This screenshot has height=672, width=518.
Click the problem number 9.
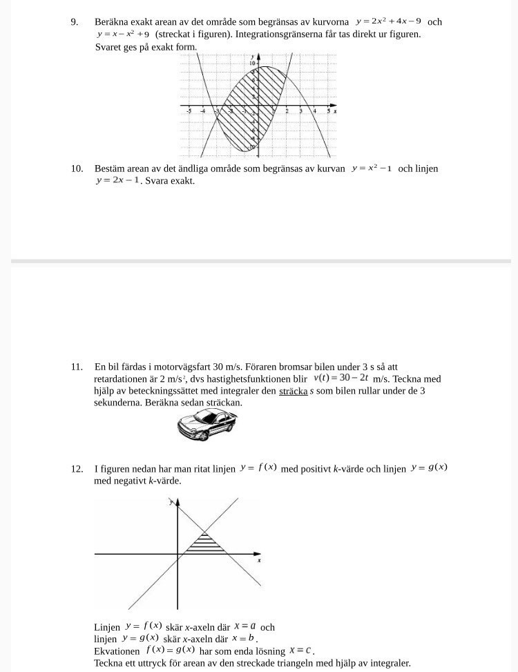click(75, 21)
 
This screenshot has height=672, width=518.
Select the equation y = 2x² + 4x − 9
click(388, 21)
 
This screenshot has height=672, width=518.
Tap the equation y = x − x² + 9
click(123, 35)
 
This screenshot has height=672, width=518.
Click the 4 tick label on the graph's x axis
click(314, 111)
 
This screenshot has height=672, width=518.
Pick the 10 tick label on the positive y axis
click(253, 62)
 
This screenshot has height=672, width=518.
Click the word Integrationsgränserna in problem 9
click(241, 34)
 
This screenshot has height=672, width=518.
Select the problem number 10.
click(77, 168)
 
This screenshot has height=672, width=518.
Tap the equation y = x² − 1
click(372, 168)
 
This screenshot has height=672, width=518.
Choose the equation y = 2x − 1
click(117, 180)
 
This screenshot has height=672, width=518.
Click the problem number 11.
click(77, 367)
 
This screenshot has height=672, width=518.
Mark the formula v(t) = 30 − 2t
click(340, 378)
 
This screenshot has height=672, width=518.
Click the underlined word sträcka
click(293, 391)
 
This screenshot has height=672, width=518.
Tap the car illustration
click(207, 422)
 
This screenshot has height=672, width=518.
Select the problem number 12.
click(77, 469)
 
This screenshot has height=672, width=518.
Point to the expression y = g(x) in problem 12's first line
click(429, 468)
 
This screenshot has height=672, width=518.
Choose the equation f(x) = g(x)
click(170, 650)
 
